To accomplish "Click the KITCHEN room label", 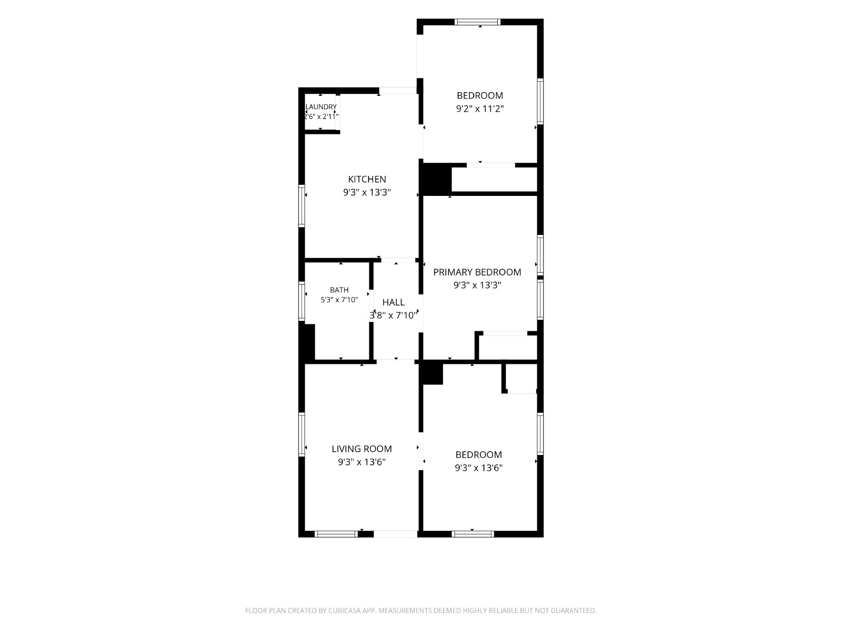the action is pyautogui.click(x=367, y=179).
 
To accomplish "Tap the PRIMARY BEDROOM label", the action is pyautogui.click(x=477, y=272).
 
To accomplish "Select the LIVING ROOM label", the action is pyautogui.click(x=362, y=449).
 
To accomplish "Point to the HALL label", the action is pyautogui.click(x=393, y=302).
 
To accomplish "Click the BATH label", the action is pyautogui.click(x=339, y=290).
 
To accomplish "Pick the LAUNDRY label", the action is pyautogui.click(x=321, y=107).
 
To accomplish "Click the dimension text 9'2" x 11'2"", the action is pyautogui.click(x=479, y=108).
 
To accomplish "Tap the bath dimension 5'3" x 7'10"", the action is pyautogui.click(x=339, y=300).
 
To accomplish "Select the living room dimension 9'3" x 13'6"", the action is pyautogui.click(x=362, y=462).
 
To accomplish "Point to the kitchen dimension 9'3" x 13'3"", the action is pyautogui.click(x=367, y=192).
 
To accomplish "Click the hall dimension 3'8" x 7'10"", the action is pyautogui.click(x=393, y=315).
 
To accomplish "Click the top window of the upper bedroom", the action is pyautogui.click(x=478, y=22).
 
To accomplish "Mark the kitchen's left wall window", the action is pyautogui.click(x=302, y=206).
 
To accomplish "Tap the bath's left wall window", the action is pyautogui.click(x=302, y=301).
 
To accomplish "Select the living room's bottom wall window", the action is pyautogui.click(x=336, y=534).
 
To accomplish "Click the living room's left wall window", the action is pyautogui.click(x=302, y=434).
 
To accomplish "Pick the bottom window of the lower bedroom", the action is pyautogui.click(x=473, y=534).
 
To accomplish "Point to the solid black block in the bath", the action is pyautogui.click(x=307, y=342).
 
